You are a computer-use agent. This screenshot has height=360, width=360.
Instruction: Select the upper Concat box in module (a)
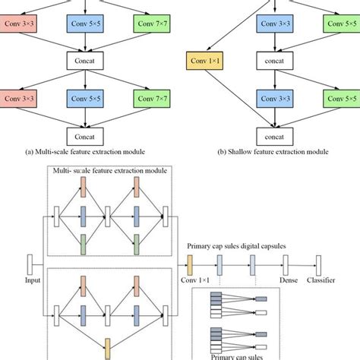[89, 58]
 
